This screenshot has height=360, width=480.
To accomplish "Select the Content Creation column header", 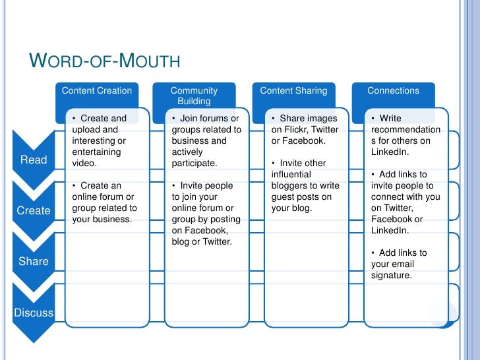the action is pyautogui.click(x=96, y=91).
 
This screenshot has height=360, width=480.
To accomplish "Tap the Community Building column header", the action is pyautogui.click(x=194, y=96).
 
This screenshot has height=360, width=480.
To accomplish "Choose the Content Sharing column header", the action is pyautogui.click(x=293, y=91).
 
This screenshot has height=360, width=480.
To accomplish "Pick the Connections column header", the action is pyautogui.click(x=393, y=91).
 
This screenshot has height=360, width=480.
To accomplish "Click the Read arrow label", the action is pyautogui.click(x=34, y=160).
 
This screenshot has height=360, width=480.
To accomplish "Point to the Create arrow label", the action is pyautogui.click(x=34, y=210).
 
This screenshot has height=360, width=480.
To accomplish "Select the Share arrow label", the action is pyautogui.click(x=34, y=261).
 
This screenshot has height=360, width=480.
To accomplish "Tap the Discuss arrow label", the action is pyautogui.click(x=34, y=313).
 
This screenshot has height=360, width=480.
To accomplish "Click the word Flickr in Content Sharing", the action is pyautogui.click(x=288, y=130).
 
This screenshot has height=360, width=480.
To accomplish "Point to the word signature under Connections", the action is pyautogui.click(x=391, y=276).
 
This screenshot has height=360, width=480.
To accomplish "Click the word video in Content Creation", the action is pyautogui.click(x=84, y=164).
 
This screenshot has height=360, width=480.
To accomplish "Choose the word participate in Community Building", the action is pyautogui.click(x=195, y=164).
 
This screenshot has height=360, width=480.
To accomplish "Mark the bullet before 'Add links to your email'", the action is pyautogui.click(x=373, y=253).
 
